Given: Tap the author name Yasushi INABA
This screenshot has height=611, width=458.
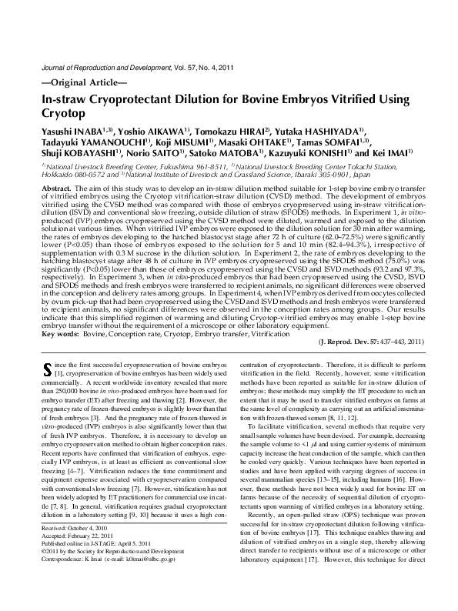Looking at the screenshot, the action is [69, 133].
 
